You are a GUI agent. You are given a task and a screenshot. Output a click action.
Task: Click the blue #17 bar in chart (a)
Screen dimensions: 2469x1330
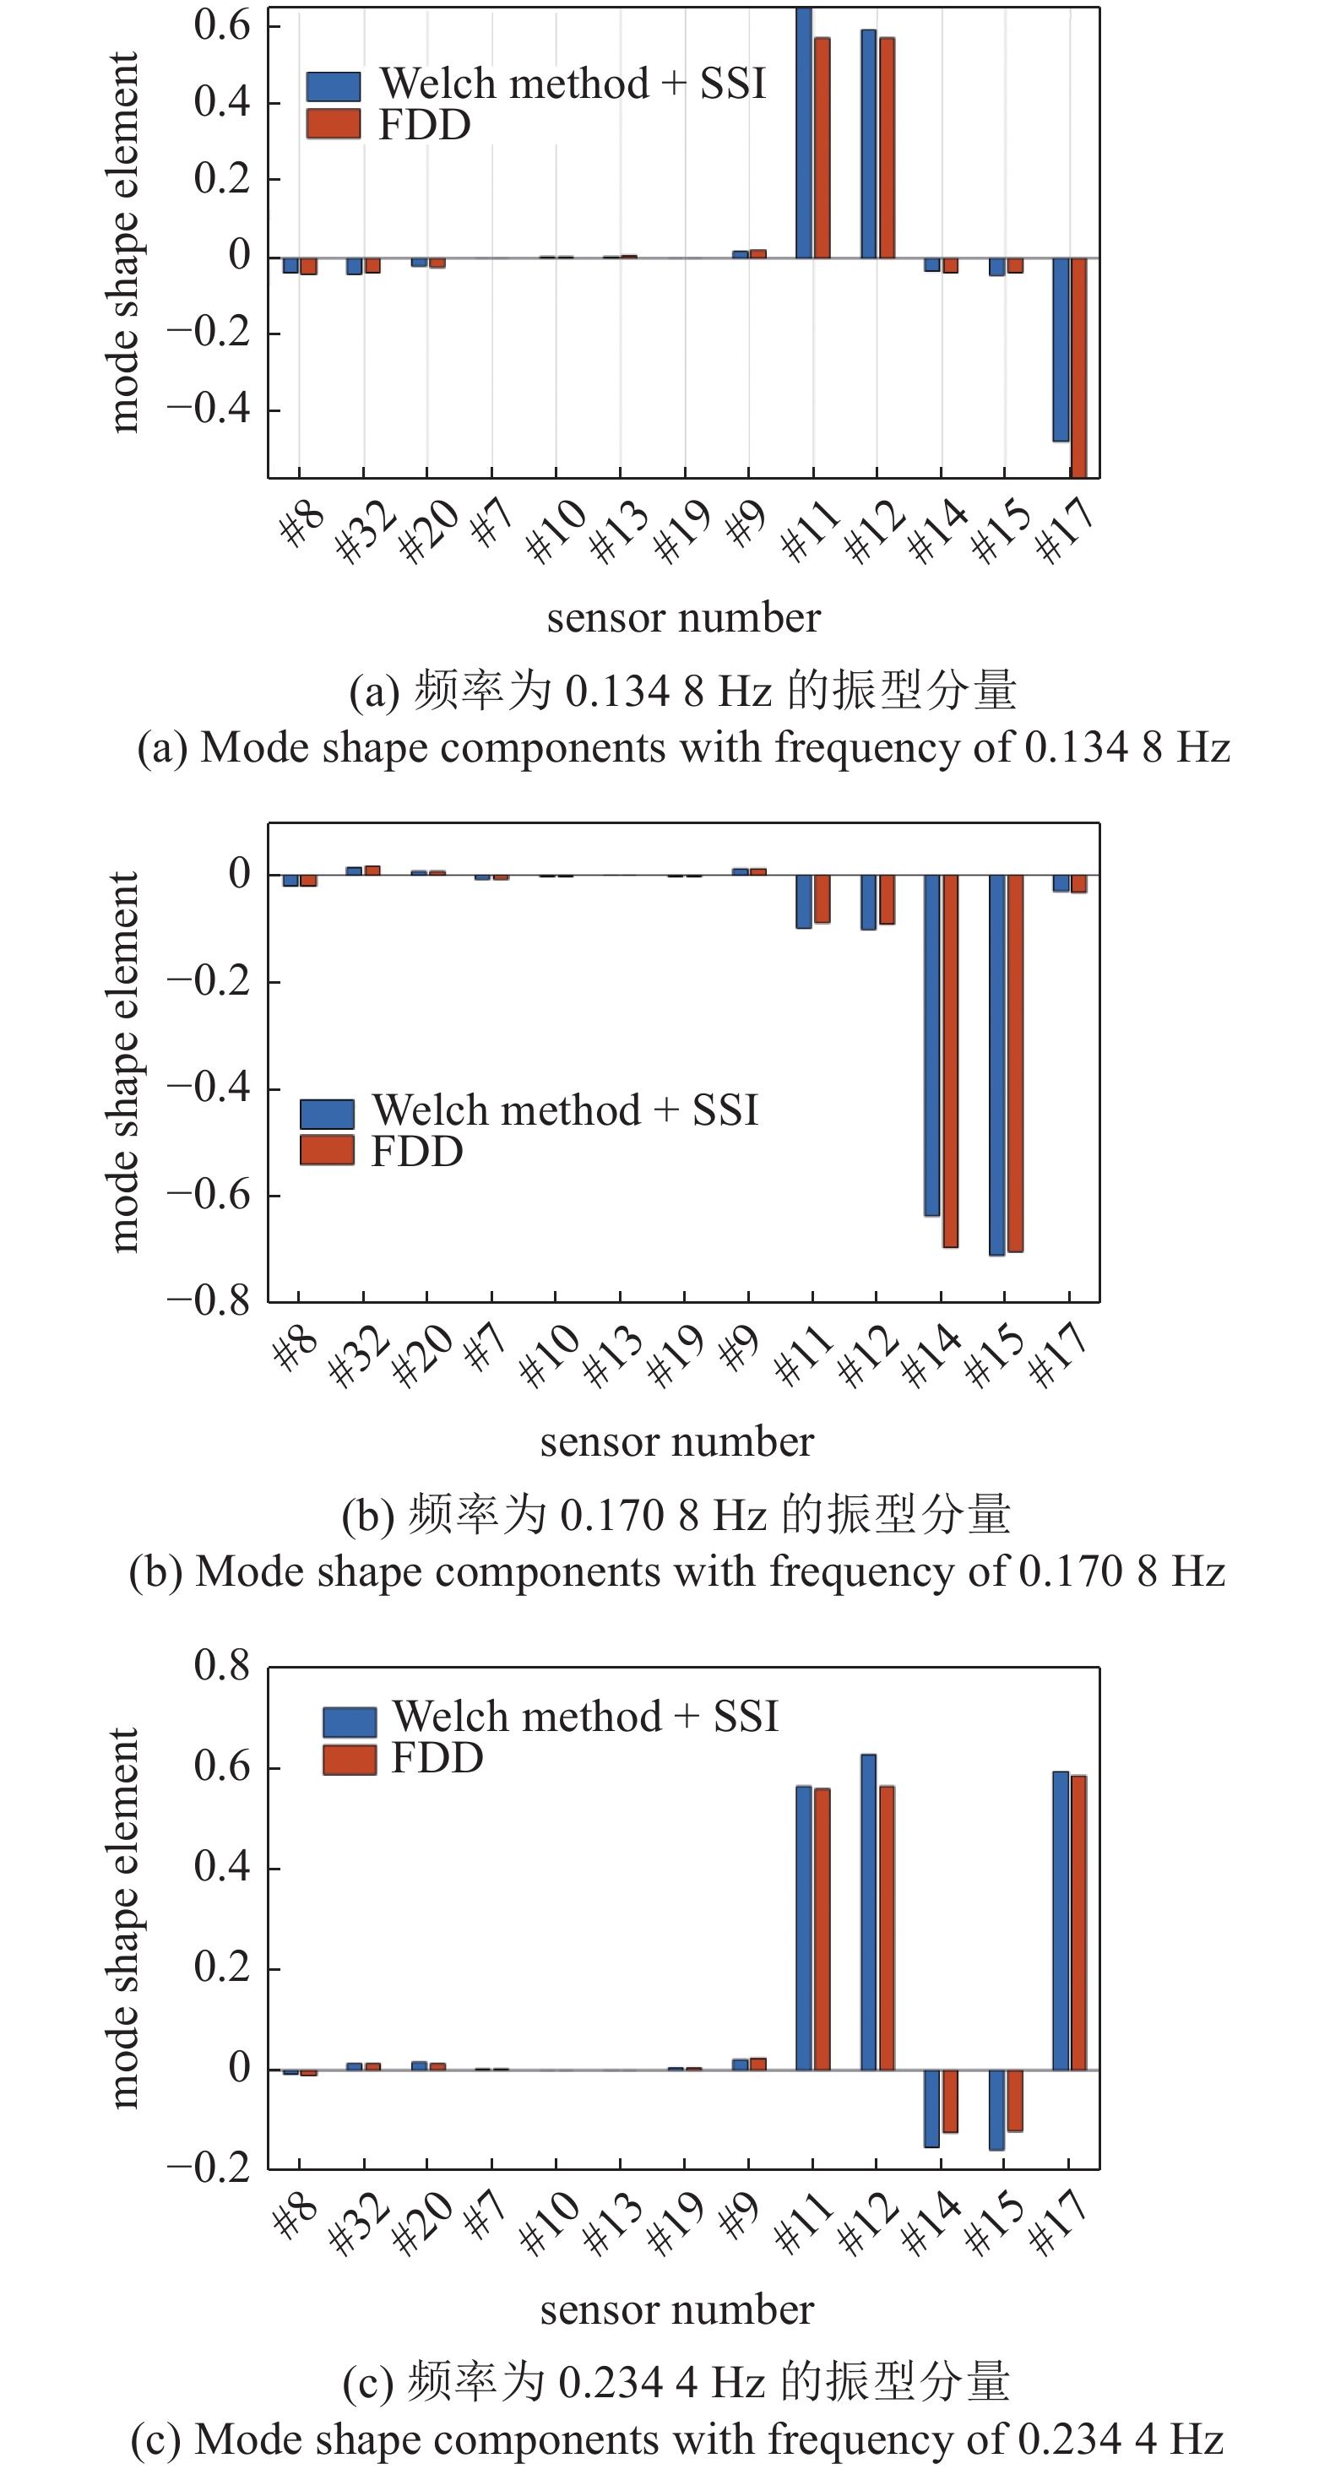(x=1060, y=350)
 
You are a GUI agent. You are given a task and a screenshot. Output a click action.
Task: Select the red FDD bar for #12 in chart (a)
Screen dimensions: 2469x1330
(x=888, y=149)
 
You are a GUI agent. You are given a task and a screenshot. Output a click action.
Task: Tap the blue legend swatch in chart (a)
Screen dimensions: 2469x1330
(x=334, y=86)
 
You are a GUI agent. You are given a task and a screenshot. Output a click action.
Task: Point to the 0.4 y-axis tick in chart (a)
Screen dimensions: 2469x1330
(x=221, y=101)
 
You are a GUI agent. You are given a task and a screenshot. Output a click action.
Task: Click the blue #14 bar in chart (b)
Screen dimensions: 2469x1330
(x=931, y=1045)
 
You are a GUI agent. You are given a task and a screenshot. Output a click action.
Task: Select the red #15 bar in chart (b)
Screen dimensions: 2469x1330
(x=1015, y=1062)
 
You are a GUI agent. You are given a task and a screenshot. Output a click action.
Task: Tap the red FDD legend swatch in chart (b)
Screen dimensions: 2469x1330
(x=327, y=1150)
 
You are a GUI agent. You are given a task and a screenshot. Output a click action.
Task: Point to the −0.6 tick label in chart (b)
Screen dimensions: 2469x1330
(x=208, y=1195)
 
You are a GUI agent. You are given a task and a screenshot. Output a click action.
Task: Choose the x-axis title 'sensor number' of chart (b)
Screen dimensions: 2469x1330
(x=676, y=1441)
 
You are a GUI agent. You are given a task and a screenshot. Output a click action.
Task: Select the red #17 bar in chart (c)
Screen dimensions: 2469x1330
(x=1079, y=1922)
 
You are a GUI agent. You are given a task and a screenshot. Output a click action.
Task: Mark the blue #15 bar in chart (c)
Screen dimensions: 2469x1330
(x=996, y=2108)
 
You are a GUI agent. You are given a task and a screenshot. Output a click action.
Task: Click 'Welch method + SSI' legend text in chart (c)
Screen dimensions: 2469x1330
(x=584, y=1717)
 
